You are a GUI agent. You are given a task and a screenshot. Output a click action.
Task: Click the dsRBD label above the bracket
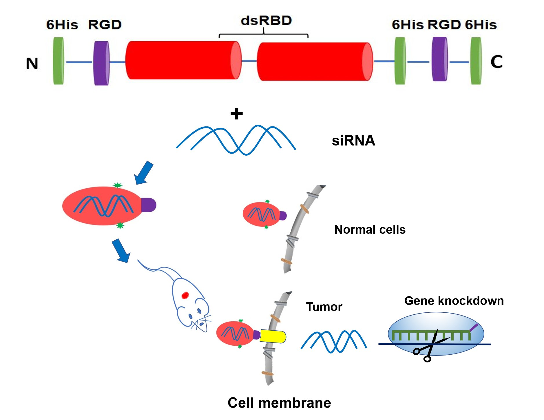pyautogui.click(x=266, y=21)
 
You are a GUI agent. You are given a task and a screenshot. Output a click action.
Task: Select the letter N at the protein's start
pyautogui.click(x=32, y=63)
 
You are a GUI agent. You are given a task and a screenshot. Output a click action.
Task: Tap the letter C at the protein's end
pyautogui.click(x=496, y=62)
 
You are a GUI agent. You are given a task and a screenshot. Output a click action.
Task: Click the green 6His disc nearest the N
pyautogui.click(x=58, y=61)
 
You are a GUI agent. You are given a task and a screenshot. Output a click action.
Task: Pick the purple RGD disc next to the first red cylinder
pyautogui.click(x=101, y=63)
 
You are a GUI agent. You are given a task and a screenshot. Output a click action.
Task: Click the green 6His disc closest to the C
pyautogui.click(x=476, y=61)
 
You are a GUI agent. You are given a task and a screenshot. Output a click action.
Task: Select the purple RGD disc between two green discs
pyautogui.click(x=439, y=59)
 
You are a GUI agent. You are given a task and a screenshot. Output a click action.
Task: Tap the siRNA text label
pyautogui.click(x=353, y=141)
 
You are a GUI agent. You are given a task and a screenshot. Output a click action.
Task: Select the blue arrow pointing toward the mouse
pyautogui.click(x=121, y=250)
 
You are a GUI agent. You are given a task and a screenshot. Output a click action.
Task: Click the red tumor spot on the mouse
pyautogui.click(x=185, y=295)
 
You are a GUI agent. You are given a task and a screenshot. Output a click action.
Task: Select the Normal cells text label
pyautogui.click(x=370, y=229)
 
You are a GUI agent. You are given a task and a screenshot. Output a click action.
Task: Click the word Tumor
pyautogui.click(x=324, y=307)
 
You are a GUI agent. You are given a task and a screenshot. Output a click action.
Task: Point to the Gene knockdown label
pyautogui.click(x=454, y=301)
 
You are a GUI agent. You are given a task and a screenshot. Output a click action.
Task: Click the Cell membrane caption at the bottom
pyautogui.click(x=279, y=403)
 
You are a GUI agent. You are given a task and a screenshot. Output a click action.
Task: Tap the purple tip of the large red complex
pyautogui.click(x=149, y=205)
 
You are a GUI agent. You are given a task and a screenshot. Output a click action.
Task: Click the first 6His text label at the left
pyautogui.click(x=62, y=25)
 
